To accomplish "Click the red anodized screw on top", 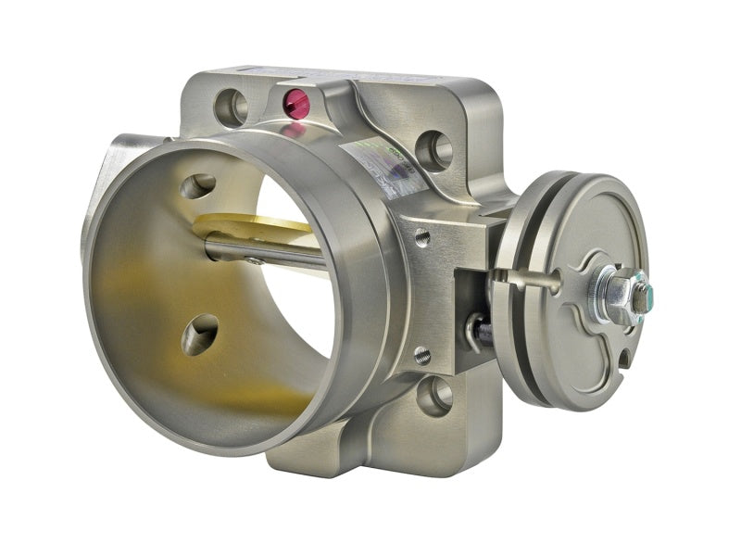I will (297, 103).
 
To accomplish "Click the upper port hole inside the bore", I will (198, 186).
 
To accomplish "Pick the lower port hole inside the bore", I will (200, 335).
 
